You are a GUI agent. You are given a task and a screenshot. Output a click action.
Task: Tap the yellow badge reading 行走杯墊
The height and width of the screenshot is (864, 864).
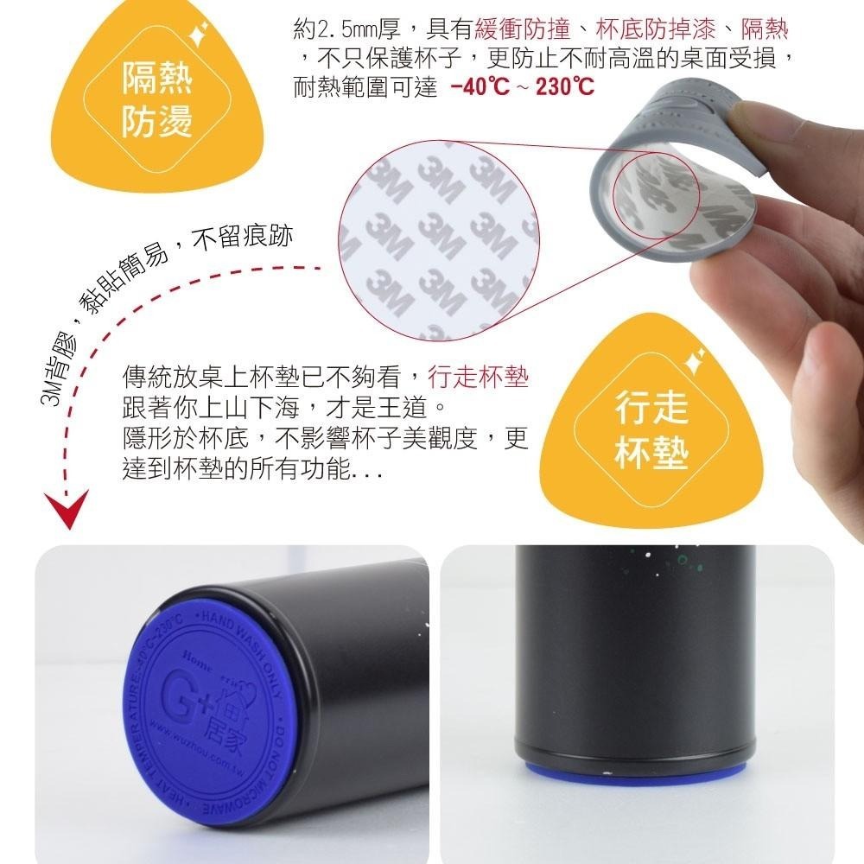652,428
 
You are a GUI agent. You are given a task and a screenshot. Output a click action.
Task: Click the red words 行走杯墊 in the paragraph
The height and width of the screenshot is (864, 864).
478,378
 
